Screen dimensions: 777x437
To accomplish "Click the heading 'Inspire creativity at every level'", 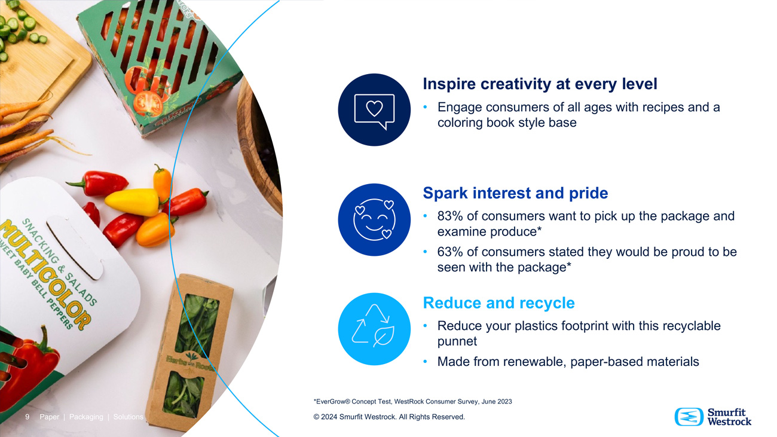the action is point(540,84).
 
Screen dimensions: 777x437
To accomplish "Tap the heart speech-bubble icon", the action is point(374,110).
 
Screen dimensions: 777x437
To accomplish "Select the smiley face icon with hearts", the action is point(374,219).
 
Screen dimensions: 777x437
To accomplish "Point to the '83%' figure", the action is point(450,216).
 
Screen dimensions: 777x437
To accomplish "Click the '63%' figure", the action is point(450,252).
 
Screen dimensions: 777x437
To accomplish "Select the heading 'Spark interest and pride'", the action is point(515,193).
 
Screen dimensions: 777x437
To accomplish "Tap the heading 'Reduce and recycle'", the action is point(499,302).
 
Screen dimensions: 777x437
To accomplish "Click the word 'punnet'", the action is point(457,341).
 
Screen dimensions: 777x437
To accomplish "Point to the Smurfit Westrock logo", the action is point(713,417).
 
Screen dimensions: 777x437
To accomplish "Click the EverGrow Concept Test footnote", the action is point(413,401).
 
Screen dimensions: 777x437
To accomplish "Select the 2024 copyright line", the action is point(389,417).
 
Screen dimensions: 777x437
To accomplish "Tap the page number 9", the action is point(27,417).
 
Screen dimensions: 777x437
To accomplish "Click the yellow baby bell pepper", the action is point(133,201).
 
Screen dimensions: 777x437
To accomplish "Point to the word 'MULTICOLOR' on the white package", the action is point(45,274).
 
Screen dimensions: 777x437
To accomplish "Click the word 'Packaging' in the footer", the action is point(86,417).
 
